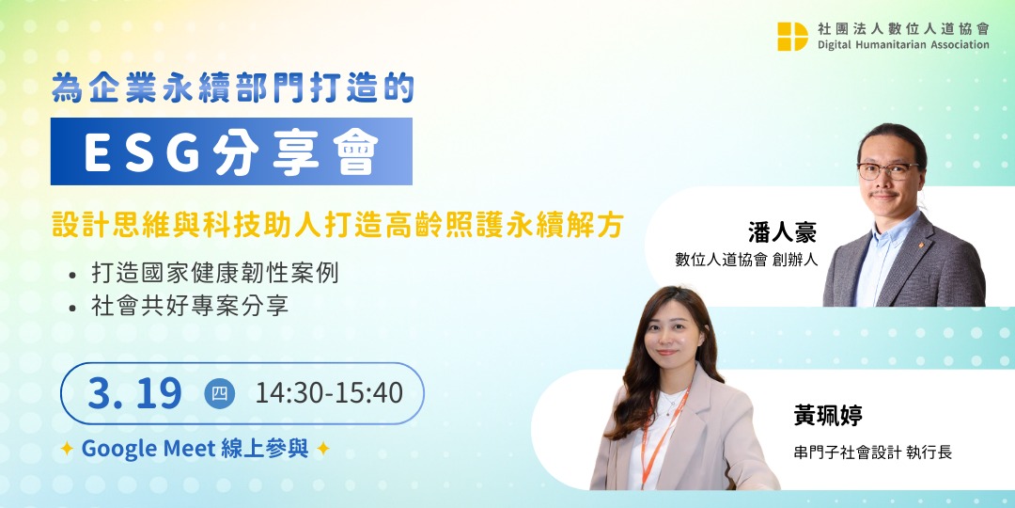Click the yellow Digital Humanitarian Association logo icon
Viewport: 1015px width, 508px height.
(792, 36)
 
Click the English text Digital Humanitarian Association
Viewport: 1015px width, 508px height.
(902, 44)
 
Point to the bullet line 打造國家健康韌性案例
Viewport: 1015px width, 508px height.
(214, 275)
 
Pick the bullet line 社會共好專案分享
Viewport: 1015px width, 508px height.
(189, 306)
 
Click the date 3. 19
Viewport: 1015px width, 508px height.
(134, 393)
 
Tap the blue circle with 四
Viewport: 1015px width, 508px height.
(219, 393)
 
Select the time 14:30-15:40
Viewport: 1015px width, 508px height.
(329, 393)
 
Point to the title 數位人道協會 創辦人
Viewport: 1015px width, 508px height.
(746, 261)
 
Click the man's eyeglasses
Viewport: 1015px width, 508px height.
(888, 171)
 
